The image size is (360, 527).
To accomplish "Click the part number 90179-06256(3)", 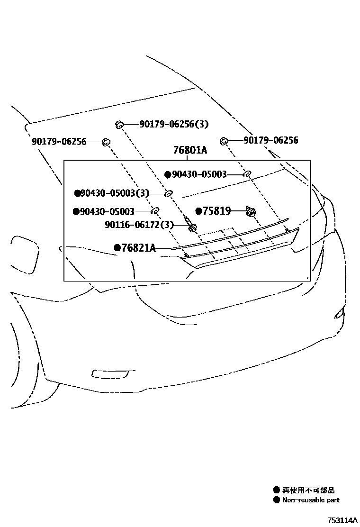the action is coord(174,124).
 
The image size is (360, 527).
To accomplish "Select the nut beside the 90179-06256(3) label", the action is coord(118,124).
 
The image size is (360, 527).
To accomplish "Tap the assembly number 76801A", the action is coord(190,150).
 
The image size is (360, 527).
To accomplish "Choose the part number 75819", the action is coord(217,211).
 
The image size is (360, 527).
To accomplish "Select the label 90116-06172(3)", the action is coord(139,225).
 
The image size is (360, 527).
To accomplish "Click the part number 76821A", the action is coord(139,247).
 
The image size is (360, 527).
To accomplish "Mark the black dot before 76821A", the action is coord(117,247).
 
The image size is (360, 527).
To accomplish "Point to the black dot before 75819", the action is coord(199,211).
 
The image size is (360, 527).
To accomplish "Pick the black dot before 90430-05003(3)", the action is coord(77,193).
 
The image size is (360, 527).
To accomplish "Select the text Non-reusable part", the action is coord(311,500).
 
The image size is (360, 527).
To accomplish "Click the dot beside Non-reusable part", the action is coord(277,500).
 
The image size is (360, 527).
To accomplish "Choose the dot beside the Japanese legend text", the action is coord(277,491).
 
